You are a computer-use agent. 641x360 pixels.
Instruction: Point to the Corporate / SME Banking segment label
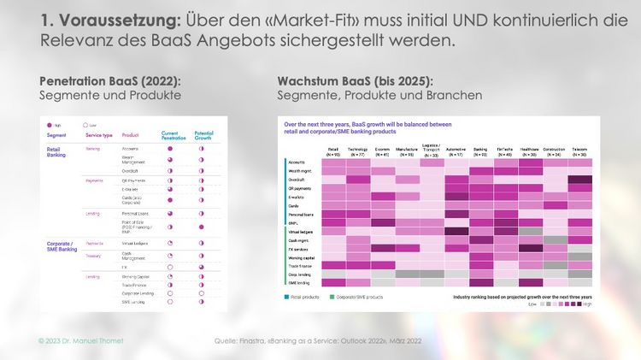coord(62,246)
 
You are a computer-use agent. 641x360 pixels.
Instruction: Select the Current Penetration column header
coord(175,135)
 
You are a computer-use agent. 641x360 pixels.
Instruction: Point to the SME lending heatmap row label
coord(298,281)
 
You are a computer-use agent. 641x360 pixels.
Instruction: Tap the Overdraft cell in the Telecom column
coord(580,180)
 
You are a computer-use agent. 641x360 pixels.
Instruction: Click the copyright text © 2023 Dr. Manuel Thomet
coord(80,341)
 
